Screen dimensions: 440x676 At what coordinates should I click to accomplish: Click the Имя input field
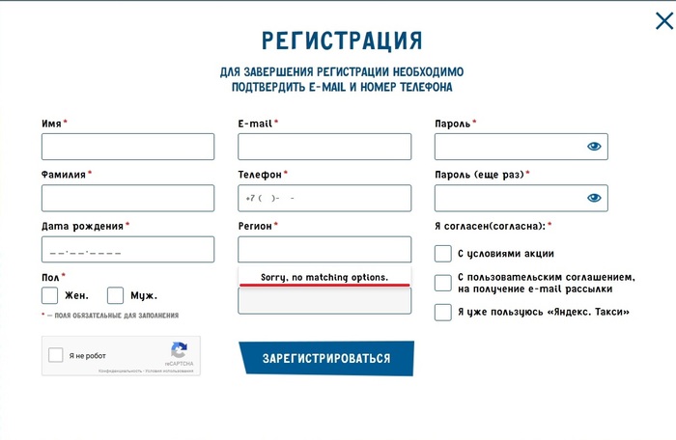tap(127, 147)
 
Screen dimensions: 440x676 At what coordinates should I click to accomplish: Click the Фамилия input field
tap(127, 198)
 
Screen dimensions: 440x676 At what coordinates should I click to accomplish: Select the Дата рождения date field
tap(127, 250)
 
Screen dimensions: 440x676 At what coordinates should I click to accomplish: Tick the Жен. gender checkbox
tap(50, 295)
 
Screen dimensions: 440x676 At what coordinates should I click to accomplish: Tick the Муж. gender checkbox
tap(116, 295)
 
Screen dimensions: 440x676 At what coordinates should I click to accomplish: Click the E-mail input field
tap(324, 147)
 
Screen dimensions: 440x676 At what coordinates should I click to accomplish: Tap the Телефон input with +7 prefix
tap(324, 198)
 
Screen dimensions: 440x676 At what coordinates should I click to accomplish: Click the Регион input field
tap(324, 250)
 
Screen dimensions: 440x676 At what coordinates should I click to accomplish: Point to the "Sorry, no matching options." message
tap(324, 278)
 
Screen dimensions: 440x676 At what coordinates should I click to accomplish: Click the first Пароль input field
tap(507, 147)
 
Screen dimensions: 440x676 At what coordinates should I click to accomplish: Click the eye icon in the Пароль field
tap(594, 147)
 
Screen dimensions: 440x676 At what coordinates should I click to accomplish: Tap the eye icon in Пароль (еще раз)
tap(594, 198)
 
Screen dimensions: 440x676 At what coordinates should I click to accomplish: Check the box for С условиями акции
tap(443, 254)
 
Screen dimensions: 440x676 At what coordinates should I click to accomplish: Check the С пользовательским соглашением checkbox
tap(443, 283)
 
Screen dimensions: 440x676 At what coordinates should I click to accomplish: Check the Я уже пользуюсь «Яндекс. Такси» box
tap(443, 312)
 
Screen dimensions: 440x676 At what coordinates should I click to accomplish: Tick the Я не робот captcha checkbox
tap(56, 355)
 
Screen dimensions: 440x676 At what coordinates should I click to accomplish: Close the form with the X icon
tap(664, 21)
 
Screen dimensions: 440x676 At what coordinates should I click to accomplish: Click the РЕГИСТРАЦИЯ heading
tap(342, 41)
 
